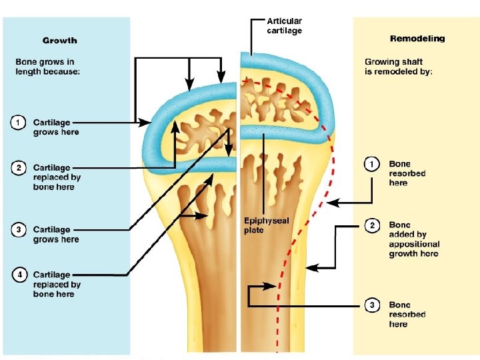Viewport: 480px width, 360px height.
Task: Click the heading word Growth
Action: pyautogui.click(x=60, y=41)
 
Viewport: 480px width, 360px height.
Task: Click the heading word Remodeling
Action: pyautogui.click(x=417, y=39)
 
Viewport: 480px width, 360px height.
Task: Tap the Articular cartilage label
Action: pyautogui.click(x=285, y=26)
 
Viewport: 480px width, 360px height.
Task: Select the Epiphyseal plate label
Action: pyautogui.click(x=266, y=225)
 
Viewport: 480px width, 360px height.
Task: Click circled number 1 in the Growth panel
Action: pyautogui.click(x=18, y=123)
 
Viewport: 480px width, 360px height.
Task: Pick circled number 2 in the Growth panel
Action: pyautogui.click(x=19, y=168)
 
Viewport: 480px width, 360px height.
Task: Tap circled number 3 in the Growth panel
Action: pyautogui.click(x=19, y=230)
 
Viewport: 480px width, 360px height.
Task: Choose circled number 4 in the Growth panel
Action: pyautogui.click(x=19, y=275)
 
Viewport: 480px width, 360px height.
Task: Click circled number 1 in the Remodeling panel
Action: pyautogui.click(x=371, y=165)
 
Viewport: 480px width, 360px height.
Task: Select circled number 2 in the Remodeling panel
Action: pyautogui.click(x=372, y=226)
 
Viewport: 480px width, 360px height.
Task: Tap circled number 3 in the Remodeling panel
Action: pyautogui.click(x=372, y=305)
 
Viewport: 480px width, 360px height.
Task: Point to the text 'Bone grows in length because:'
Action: pyautogui.click(x=47, y=67)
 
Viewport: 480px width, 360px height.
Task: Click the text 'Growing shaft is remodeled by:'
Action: pyautogui.click(x=398, y=67)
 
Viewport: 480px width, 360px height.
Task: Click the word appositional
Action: pyautogui.click(x=414, y=244)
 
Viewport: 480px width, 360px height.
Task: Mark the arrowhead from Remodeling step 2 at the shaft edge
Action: pyautogui.click(x=312, y=268)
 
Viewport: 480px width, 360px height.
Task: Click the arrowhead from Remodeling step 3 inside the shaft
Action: pyautogui.click(x=271, y=287)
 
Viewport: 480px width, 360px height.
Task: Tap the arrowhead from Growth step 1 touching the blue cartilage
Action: pyautogui.click(x=144, y=123)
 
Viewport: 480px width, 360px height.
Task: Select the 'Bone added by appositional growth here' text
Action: pyautogui.click(x=414, y=239)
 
